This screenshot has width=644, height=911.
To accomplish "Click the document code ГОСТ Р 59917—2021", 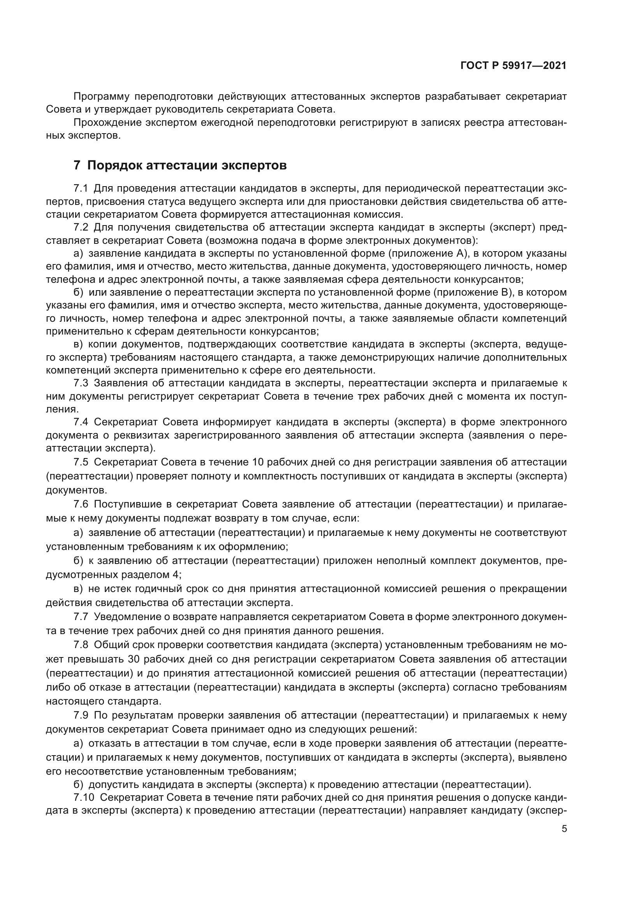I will coord(513,66).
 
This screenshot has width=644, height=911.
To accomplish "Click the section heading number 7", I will coord(77,165).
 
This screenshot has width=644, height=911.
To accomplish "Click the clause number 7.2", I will coord(81,227).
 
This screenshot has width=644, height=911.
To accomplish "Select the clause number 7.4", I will coord(81,422).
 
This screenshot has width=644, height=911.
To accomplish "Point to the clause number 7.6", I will coord(81,504).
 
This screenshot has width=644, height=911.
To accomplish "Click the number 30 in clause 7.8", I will coord(134,659).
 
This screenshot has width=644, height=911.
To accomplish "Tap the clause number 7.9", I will coord(81,715).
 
